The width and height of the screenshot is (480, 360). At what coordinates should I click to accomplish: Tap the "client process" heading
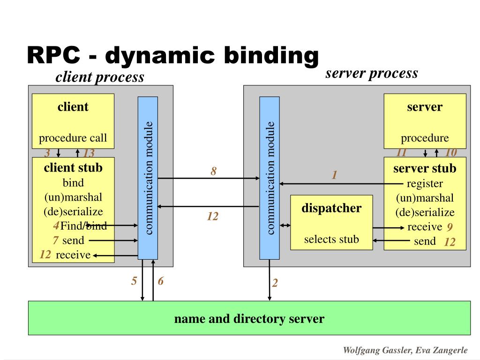(100, 77)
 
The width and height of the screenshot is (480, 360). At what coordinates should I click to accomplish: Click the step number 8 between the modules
(214, 171)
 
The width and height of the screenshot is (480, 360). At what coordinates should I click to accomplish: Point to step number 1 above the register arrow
(335, 175)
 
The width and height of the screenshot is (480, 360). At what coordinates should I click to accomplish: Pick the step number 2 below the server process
(275, 283)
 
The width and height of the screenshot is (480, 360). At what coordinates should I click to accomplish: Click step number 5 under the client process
(134, 281)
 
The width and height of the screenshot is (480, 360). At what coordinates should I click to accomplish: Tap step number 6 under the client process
(161, 281)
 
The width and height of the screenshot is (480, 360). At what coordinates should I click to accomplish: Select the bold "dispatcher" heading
(331, 208)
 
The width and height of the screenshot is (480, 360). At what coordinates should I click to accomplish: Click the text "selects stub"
(331, 239)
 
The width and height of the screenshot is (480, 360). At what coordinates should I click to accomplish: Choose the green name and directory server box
(249, 318)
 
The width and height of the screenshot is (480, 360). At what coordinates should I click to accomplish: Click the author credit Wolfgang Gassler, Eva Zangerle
(405, 350)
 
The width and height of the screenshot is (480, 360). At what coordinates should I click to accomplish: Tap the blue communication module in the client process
(148, 178)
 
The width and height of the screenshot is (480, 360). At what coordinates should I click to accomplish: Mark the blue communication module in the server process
(270, 178)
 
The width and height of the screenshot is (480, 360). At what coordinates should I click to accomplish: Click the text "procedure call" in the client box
(73, 138)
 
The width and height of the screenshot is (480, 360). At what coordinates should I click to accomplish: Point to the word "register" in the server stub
(425, 183)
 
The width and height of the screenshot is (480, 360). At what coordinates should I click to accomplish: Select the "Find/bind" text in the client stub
(83, 225)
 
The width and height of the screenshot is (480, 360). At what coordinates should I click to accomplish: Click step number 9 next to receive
(450, 227)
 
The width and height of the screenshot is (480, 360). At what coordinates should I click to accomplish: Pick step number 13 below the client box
(89, 153)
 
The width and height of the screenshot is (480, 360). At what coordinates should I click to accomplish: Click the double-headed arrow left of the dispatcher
(285, 225)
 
